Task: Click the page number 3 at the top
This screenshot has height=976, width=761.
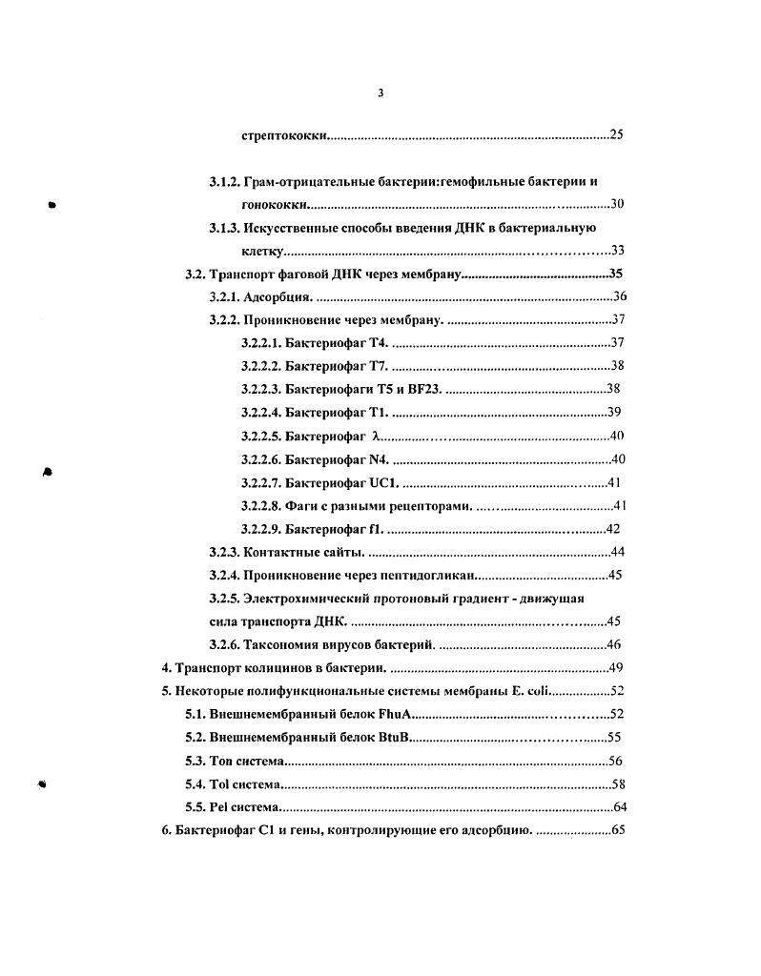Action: click(x=380, y=92)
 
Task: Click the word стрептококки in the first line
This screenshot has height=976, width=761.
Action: click(x=285, y=135)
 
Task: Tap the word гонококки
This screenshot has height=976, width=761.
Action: click(x=275, y=204)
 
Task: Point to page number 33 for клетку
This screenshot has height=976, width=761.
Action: click(x=616, y=251)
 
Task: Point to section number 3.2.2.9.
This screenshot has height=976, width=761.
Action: click(x=260, y=529)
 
